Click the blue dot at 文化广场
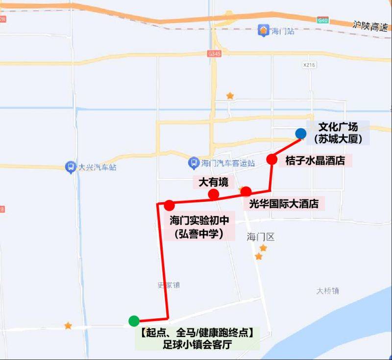(301, 133)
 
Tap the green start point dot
(133, 321)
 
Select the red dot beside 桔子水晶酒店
(272, 159)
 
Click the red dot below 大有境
(213, 194)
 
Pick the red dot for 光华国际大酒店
(246, 192)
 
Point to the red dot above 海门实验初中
(170, 205)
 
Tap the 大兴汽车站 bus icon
(71, 167)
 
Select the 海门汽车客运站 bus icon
(194, 163)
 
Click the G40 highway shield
(322, 20)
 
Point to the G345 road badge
(214, 53)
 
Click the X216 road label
(309, 65)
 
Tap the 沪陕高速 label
(370, 25)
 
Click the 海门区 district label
(261, 237)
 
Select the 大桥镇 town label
(327, 290)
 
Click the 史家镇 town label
(169, 285)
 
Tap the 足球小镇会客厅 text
(197, 344)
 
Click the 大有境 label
(213, 183)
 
